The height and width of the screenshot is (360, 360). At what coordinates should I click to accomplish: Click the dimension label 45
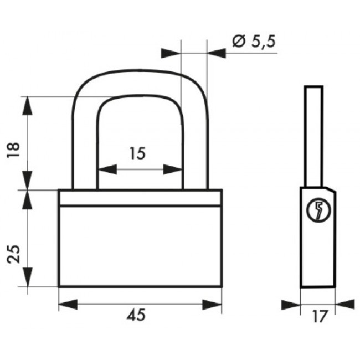tap(136, 315)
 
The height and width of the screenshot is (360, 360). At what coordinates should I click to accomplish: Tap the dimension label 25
tap(13, 254)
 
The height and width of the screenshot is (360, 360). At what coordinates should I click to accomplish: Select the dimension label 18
tap(13, 150)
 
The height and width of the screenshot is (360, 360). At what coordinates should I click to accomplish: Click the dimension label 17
tap(320, 316)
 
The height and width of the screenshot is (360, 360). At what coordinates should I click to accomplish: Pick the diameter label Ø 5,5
tap(254, 42)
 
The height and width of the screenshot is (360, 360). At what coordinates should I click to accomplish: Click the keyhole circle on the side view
tap(318, 209)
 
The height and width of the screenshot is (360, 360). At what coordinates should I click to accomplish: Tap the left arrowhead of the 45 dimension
tap(68, 305)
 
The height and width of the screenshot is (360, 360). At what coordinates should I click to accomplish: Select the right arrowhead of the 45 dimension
tap(212, 305)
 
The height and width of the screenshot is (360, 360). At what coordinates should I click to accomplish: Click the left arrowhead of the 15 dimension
tap(107, 169)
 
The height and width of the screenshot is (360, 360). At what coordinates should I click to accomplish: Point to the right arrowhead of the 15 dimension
tap(172, 169)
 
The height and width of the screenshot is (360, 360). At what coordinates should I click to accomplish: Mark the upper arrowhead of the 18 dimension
tap(27, 106)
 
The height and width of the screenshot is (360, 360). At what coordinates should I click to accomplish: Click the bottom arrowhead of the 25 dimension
tap(27, 277)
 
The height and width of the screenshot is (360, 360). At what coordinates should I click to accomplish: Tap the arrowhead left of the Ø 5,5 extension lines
tap(171, 53)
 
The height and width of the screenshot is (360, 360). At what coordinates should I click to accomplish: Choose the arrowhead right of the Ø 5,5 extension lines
tap(216, 53)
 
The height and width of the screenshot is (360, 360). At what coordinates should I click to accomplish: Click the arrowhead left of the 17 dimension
tap(291, 305)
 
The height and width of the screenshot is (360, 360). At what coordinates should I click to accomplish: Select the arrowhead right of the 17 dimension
tap(345, 305)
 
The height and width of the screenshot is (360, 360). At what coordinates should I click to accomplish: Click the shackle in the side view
tap(313, 136)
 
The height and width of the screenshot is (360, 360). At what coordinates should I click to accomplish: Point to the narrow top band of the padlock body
tap(140, 198)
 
